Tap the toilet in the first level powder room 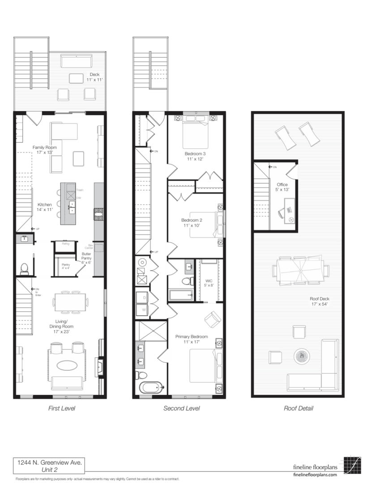point(24,268)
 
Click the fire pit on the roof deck point(301,356)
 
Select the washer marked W point(145,309)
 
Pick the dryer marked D point(145,297)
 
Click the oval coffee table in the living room point(66,365)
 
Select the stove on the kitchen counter point(98,215)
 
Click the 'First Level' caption point(61,408)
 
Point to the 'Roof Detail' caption point(299,408)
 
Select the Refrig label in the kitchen point(65,243)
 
